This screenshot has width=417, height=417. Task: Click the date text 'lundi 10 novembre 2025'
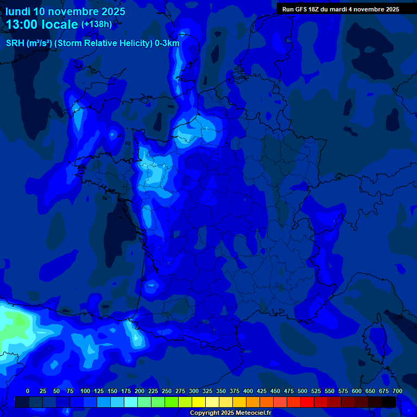[x=65, y=11]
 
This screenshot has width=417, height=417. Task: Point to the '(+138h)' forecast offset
[x=97, y=24]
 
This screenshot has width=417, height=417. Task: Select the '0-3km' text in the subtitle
[x=167, y=43]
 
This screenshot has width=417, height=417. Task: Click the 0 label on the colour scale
[x=28, y=391]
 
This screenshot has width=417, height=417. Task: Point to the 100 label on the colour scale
[x=85, y=391]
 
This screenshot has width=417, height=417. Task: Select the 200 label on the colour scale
[x=140, y=391]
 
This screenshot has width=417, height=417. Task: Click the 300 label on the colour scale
[x=194, y=391]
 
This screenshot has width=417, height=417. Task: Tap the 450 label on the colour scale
[x=275, y=391]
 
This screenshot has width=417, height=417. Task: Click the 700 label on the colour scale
[x=397, y=391]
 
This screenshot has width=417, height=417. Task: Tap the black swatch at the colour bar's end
[x=389, y=402]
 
